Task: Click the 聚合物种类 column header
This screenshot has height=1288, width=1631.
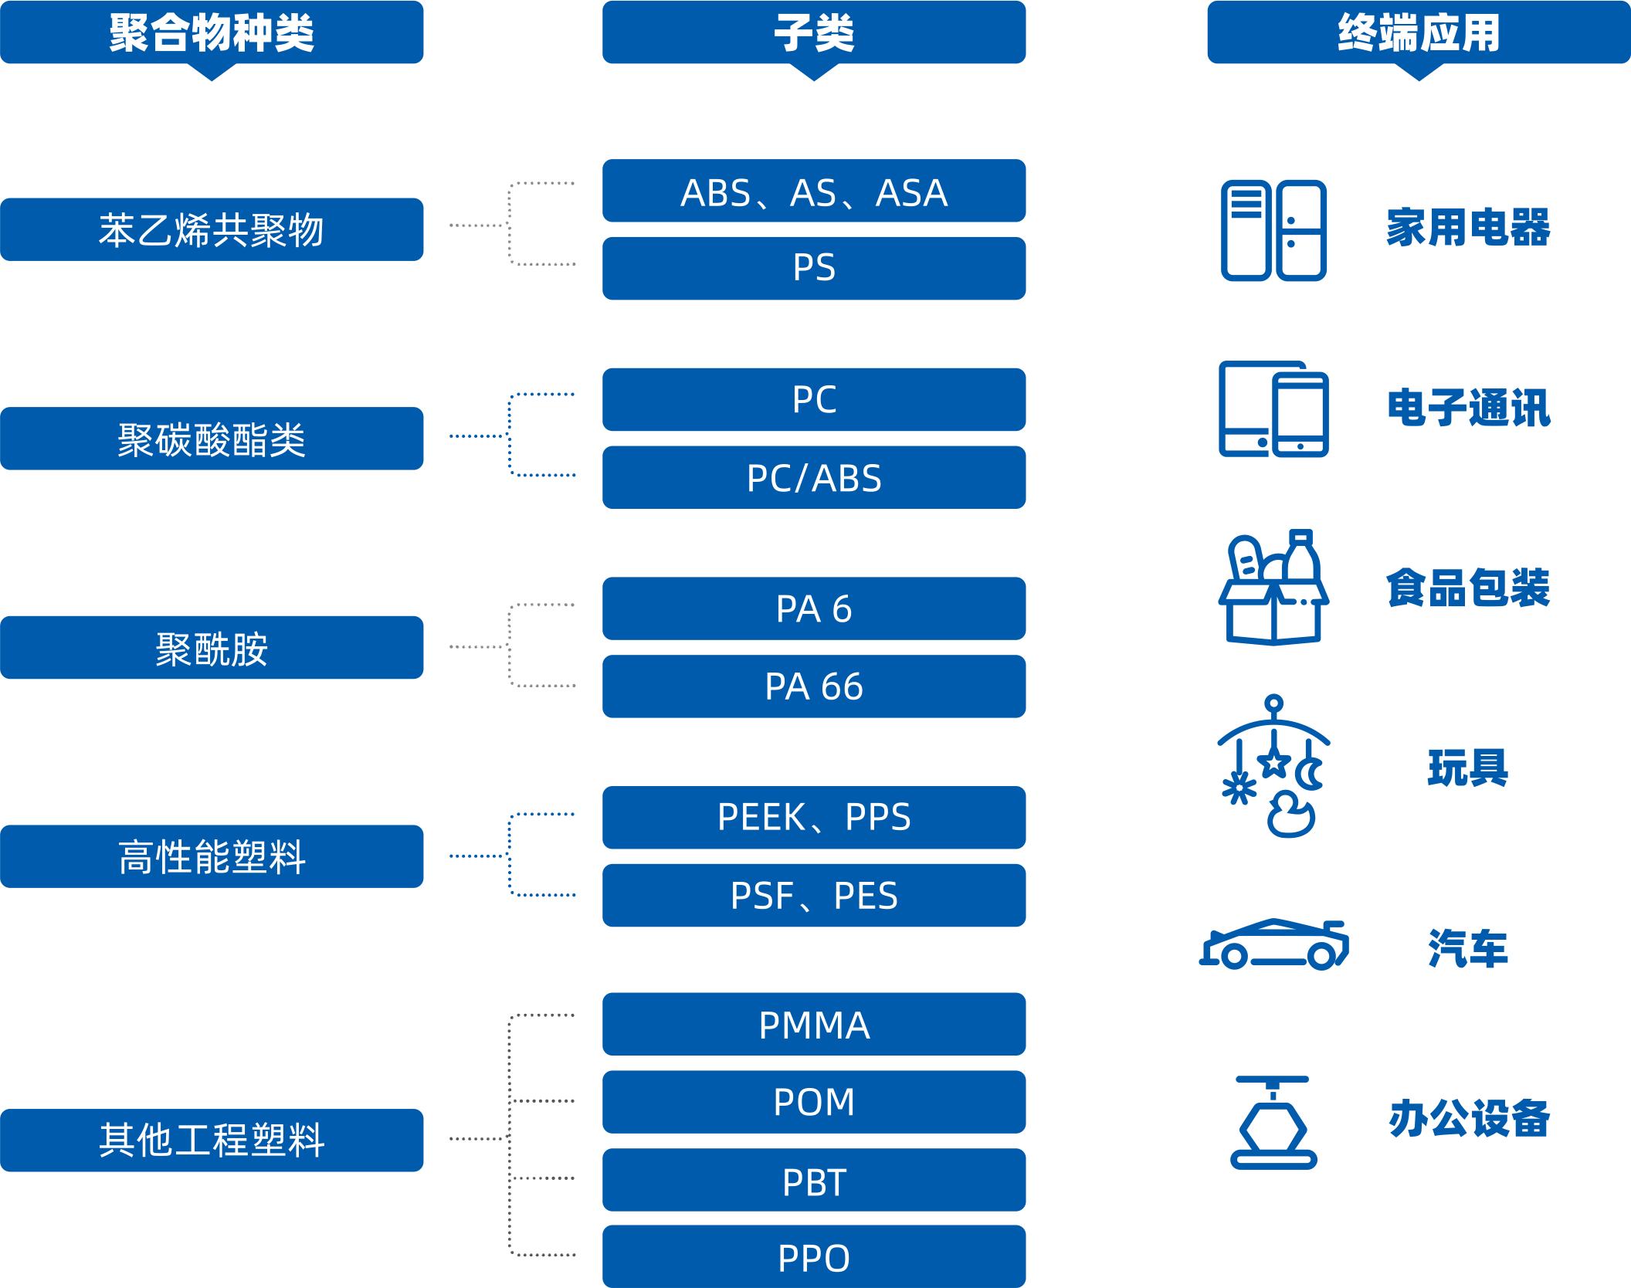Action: [x=212, y=32]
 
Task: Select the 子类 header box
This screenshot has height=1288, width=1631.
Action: [x=814, y=32]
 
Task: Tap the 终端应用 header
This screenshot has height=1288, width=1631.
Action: [x=1418, y=32]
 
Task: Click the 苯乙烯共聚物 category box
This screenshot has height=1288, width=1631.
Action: [x=212, y=229]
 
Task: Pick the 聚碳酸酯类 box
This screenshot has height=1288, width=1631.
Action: [x=212, y=439]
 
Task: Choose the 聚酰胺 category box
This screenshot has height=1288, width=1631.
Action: [x=212, y=647]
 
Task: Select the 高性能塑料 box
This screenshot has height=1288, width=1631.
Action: [x=212, y=856]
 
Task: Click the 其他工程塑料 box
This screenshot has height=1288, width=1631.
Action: [x=212, y=1140]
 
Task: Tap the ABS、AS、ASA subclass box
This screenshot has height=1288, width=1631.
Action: [x=814, y=191]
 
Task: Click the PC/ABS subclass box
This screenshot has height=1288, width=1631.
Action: [x=814, y=477]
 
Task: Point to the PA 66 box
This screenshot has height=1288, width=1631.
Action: [x=814, y=686]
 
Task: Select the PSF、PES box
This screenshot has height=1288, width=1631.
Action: [x=814, y=895]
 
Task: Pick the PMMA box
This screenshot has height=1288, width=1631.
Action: [x=814, y=1024]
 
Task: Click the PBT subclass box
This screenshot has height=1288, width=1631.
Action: [x=814, y=1180]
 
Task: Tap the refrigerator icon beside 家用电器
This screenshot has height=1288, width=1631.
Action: [x=1273, y=230]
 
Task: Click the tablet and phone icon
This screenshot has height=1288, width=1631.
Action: [x=1273, y=409]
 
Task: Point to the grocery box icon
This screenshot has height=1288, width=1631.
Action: [x=1273, y=588]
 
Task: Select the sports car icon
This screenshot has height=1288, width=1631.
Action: [x=1273, y=944]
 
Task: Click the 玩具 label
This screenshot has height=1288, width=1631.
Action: [x=1467, y=768]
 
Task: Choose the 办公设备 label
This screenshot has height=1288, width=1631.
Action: [x=1469, y=1118]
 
